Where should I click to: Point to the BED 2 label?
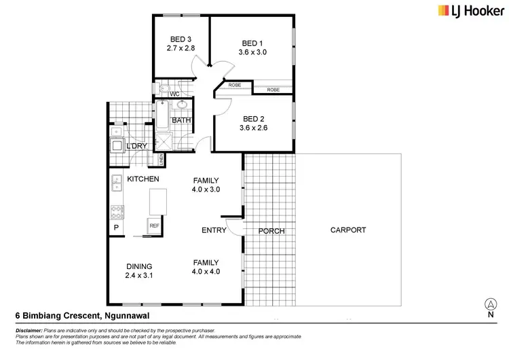click(254, 118)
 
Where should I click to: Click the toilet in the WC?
click(163, 90)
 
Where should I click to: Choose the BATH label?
click(181, 121)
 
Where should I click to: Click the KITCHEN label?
click(143, 179)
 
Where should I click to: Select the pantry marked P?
click(115, 228)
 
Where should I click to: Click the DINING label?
click(139, 266)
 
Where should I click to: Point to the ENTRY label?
click(214, 230)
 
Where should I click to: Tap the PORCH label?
click(271, 231)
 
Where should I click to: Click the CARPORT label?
click(348, 230)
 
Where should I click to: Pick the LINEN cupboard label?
click(162, 160)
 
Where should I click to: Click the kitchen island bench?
click(157, 202)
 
